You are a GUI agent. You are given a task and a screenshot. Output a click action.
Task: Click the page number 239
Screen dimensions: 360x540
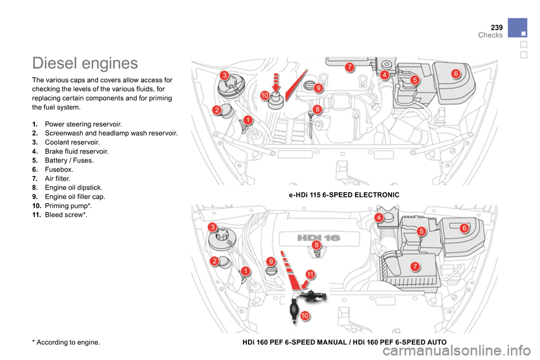(496, 26)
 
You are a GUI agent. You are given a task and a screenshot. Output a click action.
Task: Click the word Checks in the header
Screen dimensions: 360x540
(490, 35)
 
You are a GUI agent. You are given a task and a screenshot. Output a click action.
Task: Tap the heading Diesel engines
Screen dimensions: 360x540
(85, 63)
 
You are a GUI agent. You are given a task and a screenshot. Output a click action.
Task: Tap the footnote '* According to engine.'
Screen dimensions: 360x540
(67, 342)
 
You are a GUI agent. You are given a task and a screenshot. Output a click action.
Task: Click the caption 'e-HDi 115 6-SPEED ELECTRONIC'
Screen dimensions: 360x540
(344, 195)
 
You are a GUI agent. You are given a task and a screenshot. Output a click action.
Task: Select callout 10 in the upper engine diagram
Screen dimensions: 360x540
(264, 96)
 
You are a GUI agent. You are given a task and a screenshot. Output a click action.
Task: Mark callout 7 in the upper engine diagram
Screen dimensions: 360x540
(349, 67)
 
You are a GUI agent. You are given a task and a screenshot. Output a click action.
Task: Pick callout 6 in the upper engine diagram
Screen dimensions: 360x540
(456, 74)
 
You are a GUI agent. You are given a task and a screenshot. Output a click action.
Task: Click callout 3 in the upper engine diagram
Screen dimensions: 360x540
(224, 75)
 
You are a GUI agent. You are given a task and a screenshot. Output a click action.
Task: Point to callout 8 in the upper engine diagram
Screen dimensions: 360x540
(317, 109)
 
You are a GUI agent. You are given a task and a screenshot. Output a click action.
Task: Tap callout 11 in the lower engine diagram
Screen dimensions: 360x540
(310, 274)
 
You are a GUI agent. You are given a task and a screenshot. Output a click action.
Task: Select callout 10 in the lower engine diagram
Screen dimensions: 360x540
(304, 316)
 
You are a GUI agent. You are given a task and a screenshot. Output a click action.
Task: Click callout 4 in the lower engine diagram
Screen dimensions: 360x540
(380, 217)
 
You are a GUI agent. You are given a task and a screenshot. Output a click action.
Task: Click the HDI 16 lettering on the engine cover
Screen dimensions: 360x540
(310, 237)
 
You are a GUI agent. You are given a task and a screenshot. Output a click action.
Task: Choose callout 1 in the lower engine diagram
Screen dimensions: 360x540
(245, 272)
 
